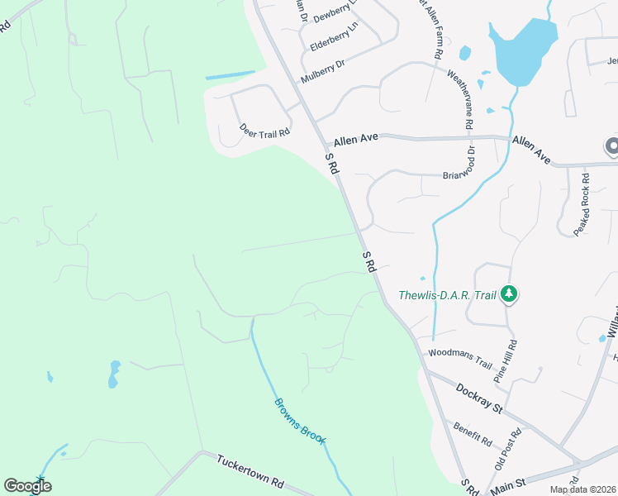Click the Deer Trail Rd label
pyautogui.click(x=265, y=130)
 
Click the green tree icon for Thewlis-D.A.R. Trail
pyautogui.click(x=510, y=293)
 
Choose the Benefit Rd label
pyautogui.click(x=472, y=432)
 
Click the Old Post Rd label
pyautogui.click(x=508, y=449)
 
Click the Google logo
pyautogui.click(x=27, y=486)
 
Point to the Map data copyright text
pyautogui.click(x=582, y=489)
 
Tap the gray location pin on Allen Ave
pyautogui.click(x=612, y=146)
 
